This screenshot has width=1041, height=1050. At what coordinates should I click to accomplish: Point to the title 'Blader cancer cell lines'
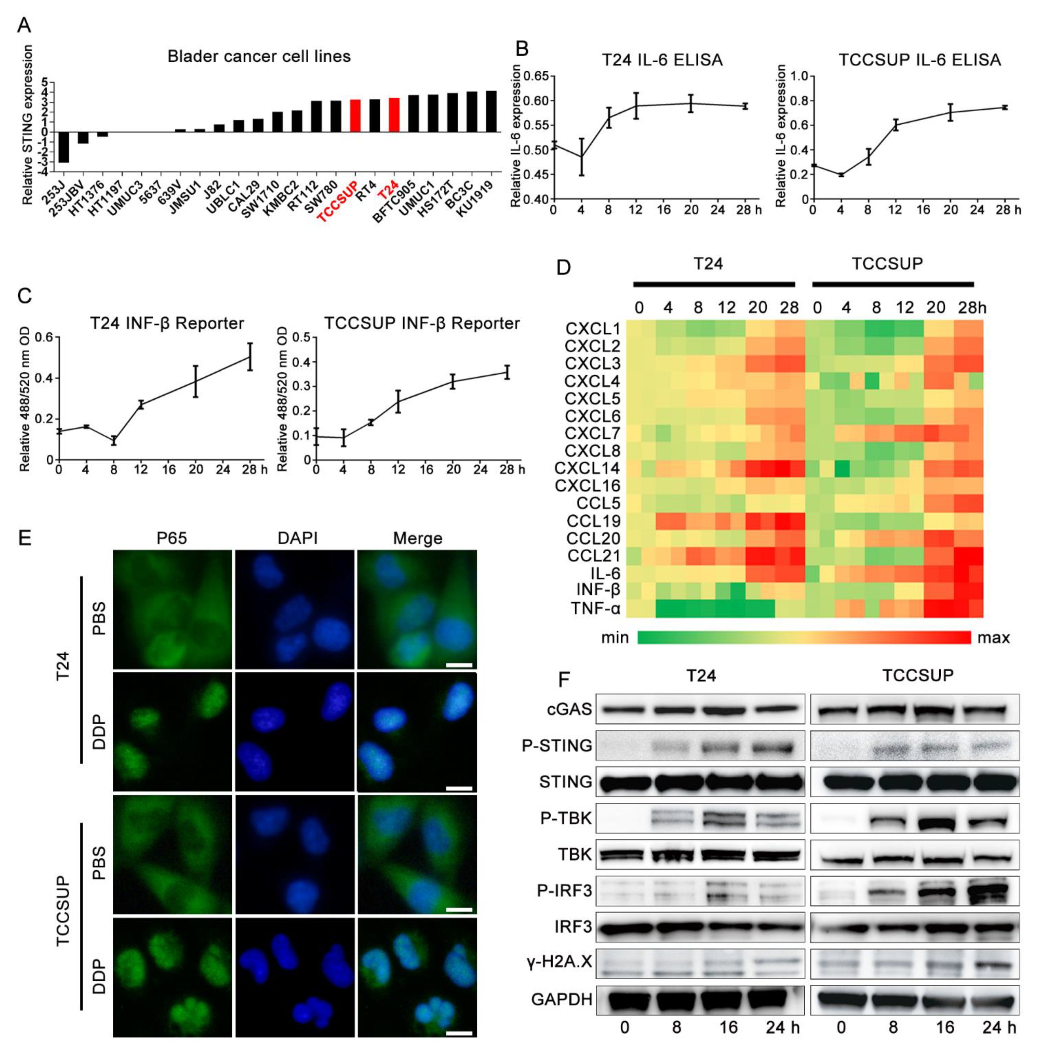[x=259, y=57]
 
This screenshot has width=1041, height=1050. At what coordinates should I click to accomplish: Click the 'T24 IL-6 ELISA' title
[x=662, y=60]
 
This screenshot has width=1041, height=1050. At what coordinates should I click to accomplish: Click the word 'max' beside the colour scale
[x=993, y=637]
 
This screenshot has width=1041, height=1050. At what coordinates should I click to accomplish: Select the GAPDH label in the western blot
[x=562, y=999]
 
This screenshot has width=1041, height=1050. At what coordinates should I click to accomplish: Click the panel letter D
[x=564, y=268]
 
